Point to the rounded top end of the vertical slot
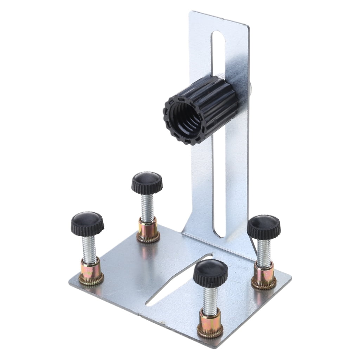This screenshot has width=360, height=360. coord(218,35)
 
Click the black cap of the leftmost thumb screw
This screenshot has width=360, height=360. coord(88,223)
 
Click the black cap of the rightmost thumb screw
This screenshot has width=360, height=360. coord(264,227)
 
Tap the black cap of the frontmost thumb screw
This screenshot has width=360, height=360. coord(210,272)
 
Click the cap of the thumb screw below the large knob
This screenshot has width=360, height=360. coord(147,182)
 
